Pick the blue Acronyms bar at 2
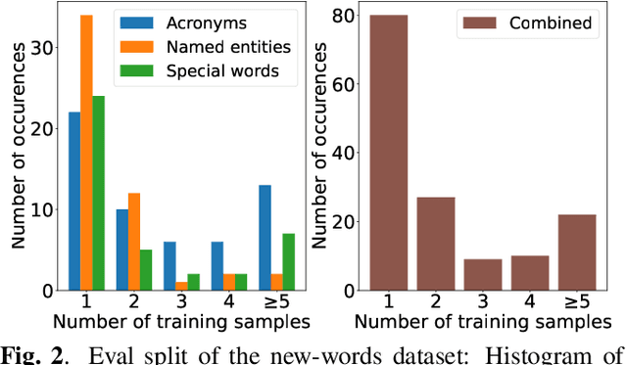(x=121, y=250)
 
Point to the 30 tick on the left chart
(x=43, y=48)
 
